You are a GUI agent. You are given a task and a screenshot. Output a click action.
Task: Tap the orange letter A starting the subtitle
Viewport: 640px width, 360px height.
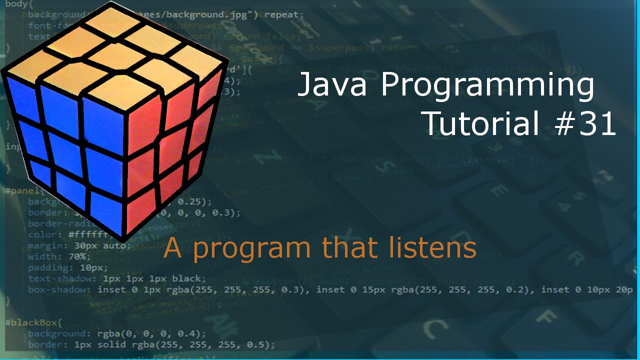click(x=172, y=247)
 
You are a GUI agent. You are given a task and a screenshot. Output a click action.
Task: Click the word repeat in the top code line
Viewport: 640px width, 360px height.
click(x=283, y=14)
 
